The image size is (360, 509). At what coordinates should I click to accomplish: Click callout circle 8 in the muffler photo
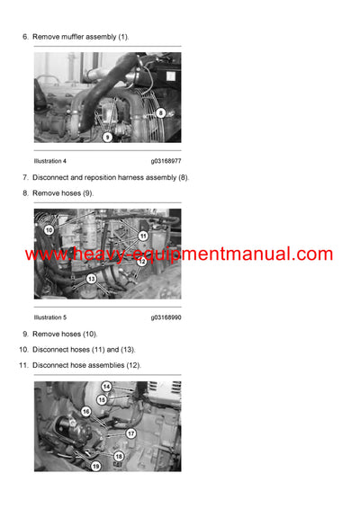(x=161, y=113)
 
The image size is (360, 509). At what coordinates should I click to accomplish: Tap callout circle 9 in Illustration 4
(x=107, y=137)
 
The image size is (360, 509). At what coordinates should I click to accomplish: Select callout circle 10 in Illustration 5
(x=49, y=230)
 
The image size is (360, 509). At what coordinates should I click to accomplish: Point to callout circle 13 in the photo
(x=91, y=279)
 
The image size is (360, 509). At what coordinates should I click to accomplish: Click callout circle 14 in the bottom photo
(x=105, y=387)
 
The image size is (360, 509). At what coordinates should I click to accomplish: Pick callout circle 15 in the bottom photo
(x=102, y=399)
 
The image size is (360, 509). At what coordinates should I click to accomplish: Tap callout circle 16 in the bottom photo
(x=86, y=411)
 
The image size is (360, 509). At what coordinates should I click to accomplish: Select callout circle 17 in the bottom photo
(x=130, y=433)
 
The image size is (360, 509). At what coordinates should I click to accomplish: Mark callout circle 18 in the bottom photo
(x=119, y=457)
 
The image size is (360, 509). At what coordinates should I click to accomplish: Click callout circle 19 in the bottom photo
(x=95, y=466)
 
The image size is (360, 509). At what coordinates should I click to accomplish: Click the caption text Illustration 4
(x=50, y=161)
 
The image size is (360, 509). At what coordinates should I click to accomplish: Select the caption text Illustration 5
(x=50, y=317)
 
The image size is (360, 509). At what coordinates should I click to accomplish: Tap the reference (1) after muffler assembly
(x=123, y=36)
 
